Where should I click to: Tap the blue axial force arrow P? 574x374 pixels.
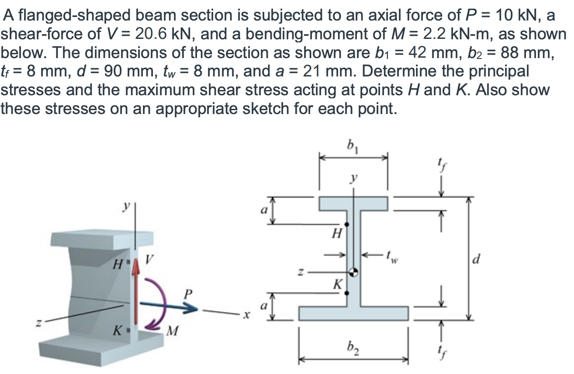pos(175,308)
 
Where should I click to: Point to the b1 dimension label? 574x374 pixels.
pos(352,145)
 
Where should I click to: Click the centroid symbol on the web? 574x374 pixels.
pos(354,272)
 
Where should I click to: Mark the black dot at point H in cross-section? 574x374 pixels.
pos(347,225)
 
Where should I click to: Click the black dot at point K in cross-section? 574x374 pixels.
pos(347,293)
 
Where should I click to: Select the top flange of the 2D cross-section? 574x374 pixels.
pos(354,203)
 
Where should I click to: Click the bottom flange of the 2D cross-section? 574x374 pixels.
pos(354,313)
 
